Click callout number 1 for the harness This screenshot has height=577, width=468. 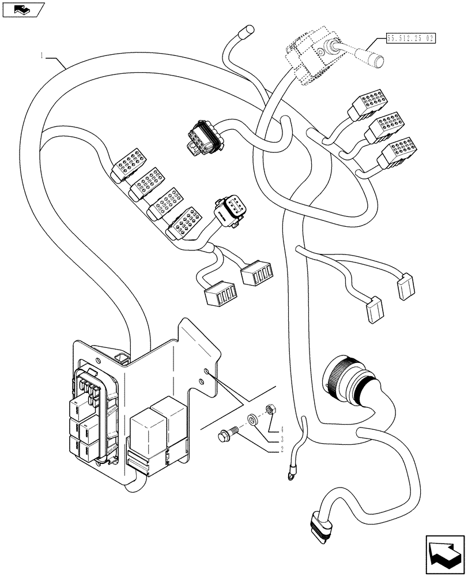tap(42, 55)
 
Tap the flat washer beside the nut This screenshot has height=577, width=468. tap(252, 418)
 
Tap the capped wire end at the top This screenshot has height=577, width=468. tap(250, 28)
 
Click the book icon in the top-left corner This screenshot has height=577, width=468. tap(22, 9)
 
